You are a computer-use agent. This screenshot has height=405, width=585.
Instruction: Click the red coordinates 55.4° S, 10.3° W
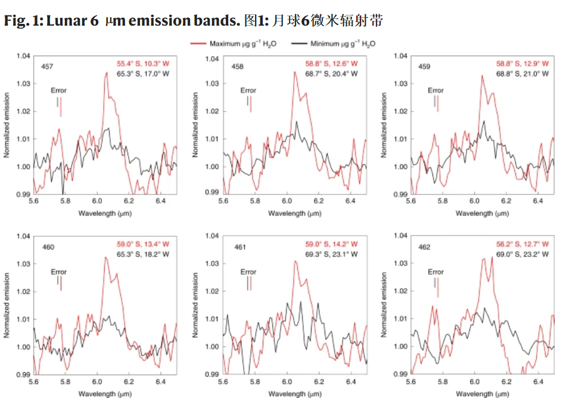(143, 63)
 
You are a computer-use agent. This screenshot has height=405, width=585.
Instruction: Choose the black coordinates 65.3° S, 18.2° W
(143, 254)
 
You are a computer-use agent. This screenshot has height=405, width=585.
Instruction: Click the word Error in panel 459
(435, 91)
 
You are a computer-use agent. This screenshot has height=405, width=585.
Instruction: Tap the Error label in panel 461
(248, 272)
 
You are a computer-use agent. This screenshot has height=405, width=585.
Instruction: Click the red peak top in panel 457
(107, 73)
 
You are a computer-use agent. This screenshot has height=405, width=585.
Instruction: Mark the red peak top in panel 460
(105, 258)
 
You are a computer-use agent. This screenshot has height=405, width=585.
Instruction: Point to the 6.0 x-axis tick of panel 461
(287, 382)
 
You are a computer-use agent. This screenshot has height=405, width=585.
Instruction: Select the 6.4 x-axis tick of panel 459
(538, 202)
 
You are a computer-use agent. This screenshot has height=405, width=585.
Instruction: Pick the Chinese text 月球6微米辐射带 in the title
(326, 21)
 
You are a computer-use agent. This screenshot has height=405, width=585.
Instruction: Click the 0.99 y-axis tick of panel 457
(23, 194)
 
